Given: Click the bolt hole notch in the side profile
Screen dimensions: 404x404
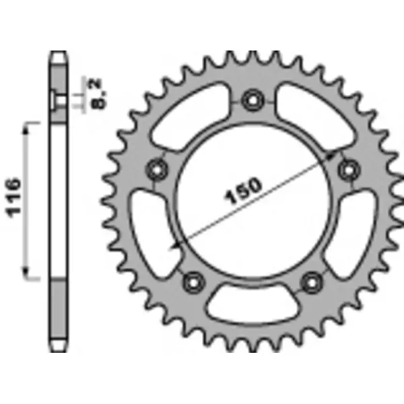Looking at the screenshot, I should (55, 101).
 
